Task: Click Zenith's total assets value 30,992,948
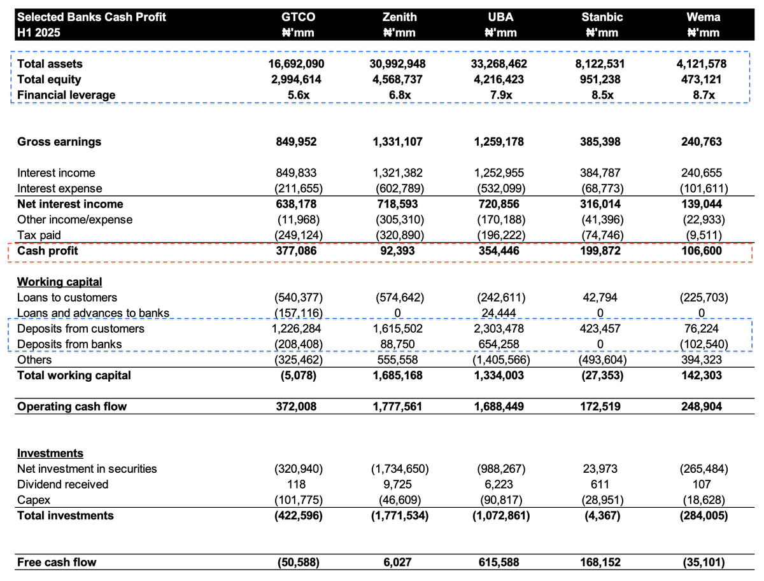tap(397, 64)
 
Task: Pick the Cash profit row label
tap(47, 251)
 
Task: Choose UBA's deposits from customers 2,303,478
tap(499, 328)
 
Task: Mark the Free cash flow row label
tap(57, 562)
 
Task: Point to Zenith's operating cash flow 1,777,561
tap(397, 406)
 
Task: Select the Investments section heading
tap(50, 453)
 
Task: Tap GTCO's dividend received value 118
tap(298, 484)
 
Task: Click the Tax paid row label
tap(39, 235)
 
